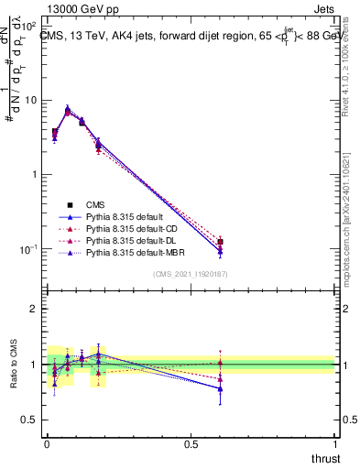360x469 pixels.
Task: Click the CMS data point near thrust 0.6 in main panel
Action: click(220, 242)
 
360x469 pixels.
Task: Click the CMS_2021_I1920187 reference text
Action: click(191, 274)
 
